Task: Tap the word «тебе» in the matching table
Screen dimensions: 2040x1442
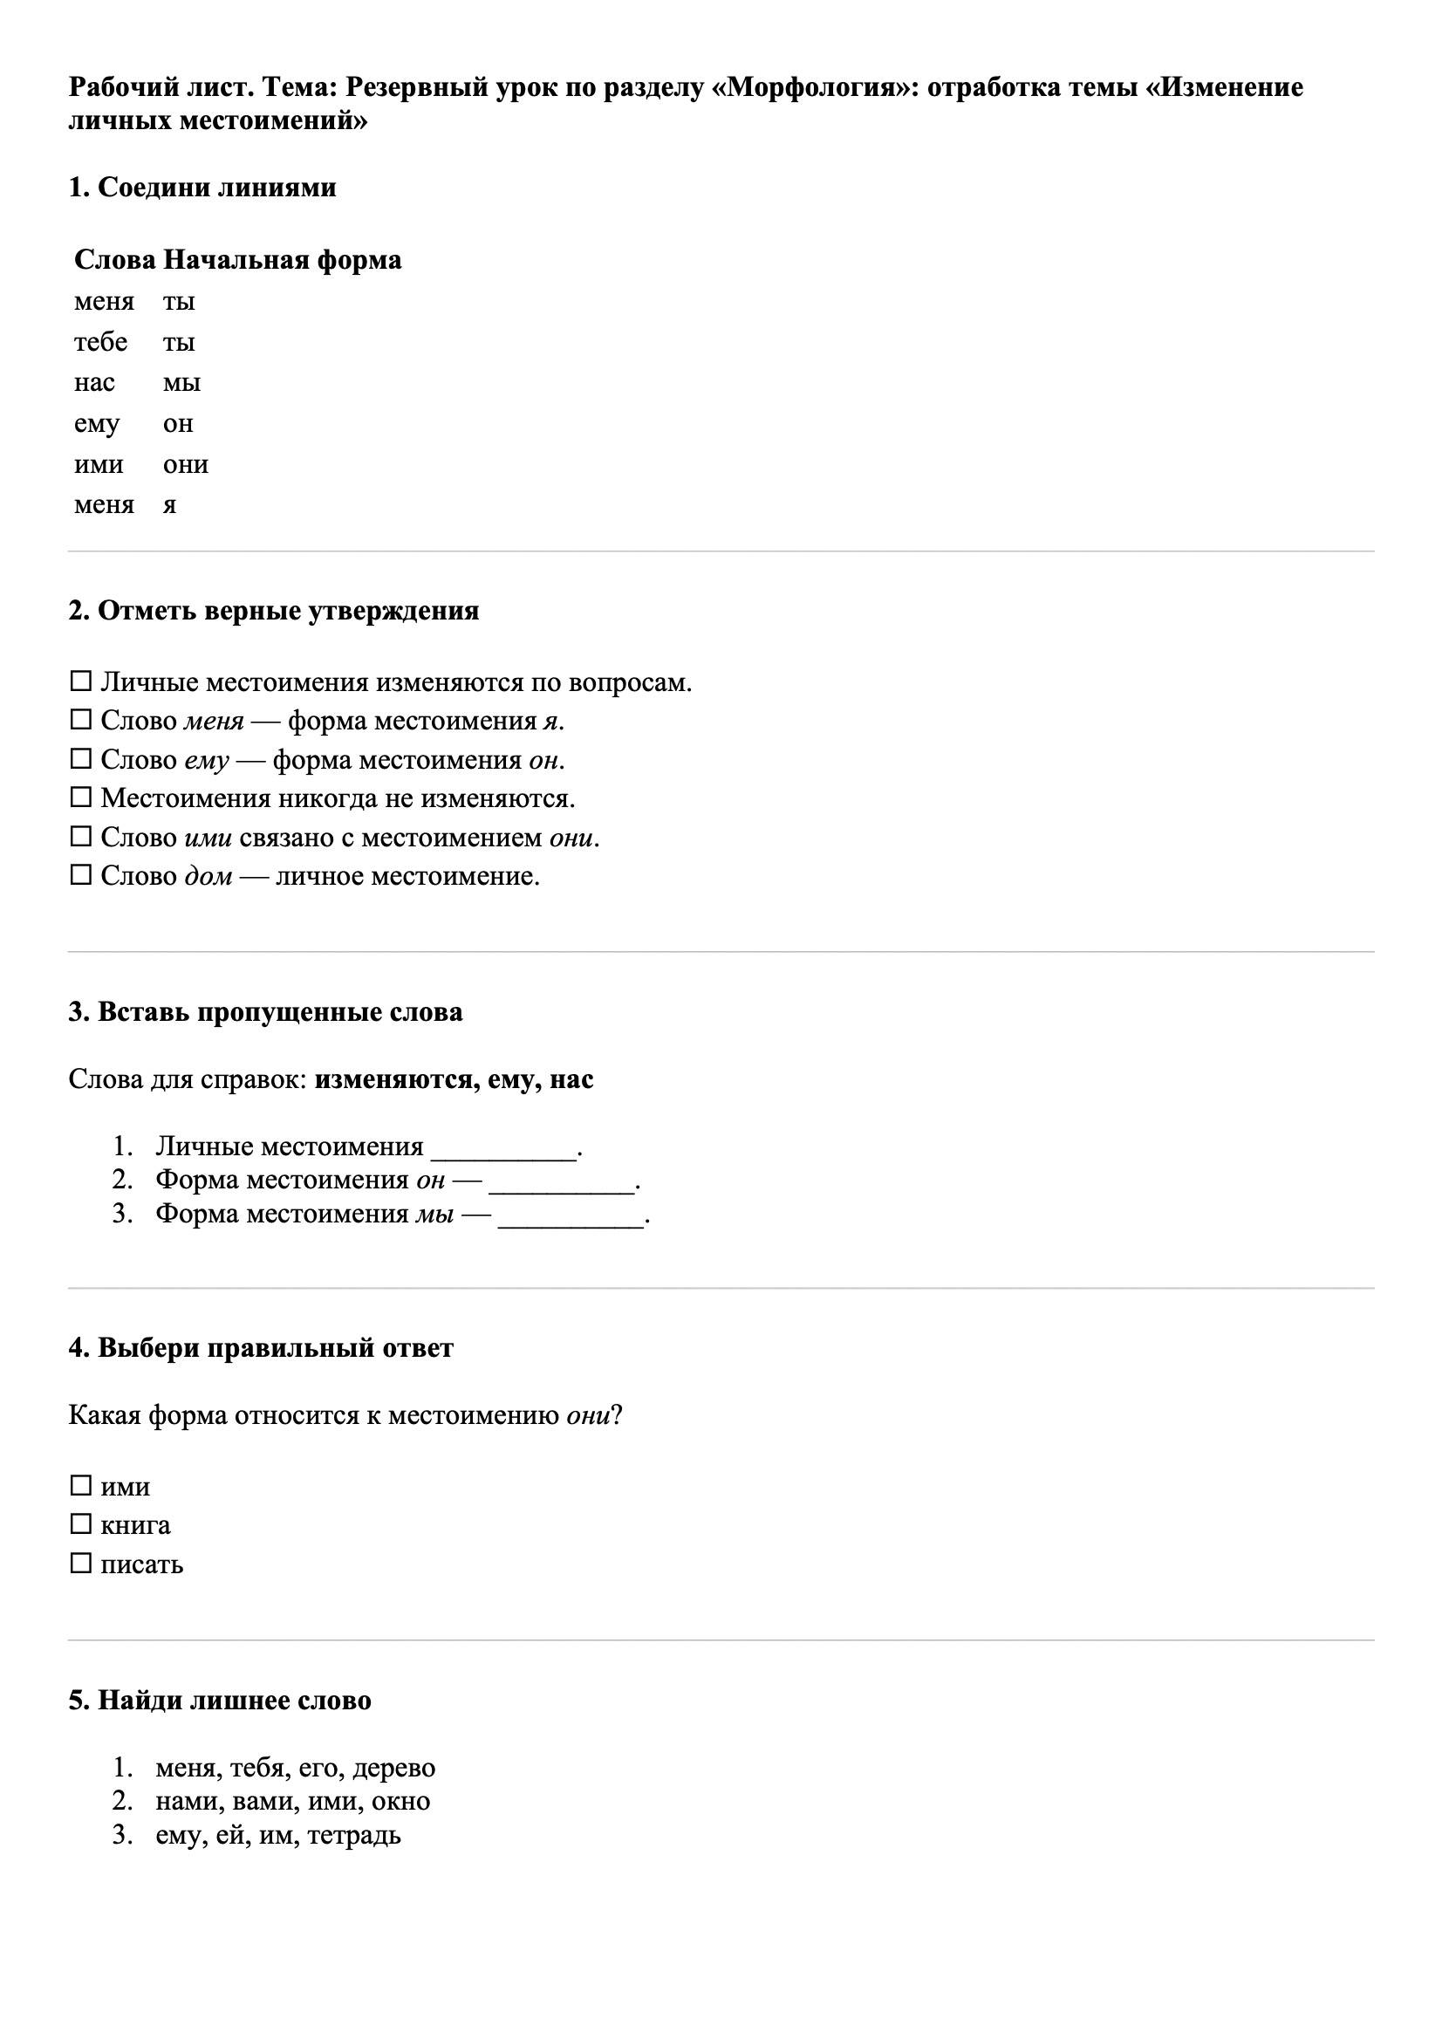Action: coord(100,342)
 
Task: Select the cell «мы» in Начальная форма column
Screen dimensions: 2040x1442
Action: coord(181,383)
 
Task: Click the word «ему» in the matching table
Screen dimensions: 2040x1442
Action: coord(96,424)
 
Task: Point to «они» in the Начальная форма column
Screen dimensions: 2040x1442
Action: coord(185,465)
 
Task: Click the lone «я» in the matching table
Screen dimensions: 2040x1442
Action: coord(169,504)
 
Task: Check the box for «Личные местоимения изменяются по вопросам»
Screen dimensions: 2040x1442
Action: coord(81,681)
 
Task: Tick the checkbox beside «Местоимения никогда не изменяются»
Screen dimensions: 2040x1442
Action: coord(81,797)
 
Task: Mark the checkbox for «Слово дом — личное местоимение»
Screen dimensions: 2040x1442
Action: coord(81,875)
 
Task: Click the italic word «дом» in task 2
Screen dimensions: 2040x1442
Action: coord(208,876)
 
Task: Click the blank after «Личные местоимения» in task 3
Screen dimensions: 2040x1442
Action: coord(503,1148)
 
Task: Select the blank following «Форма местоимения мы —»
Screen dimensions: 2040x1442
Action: coord(571,1215)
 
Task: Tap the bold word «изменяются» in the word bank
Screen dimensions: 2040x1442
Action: coord(393,1079)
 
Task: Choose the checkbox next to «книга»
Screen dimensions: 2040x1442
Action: coord(81,1523)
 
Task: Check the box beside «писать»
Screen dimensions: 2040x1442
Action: coord(81,1563)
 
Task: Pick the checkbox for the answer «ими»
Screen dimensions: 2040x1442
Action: coord(81,1485)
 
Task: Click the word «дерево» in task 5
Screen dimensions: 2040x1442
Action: coord(393,1768)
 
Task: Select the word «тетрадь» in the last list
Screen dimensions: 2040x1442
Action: coord(353,1834)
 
